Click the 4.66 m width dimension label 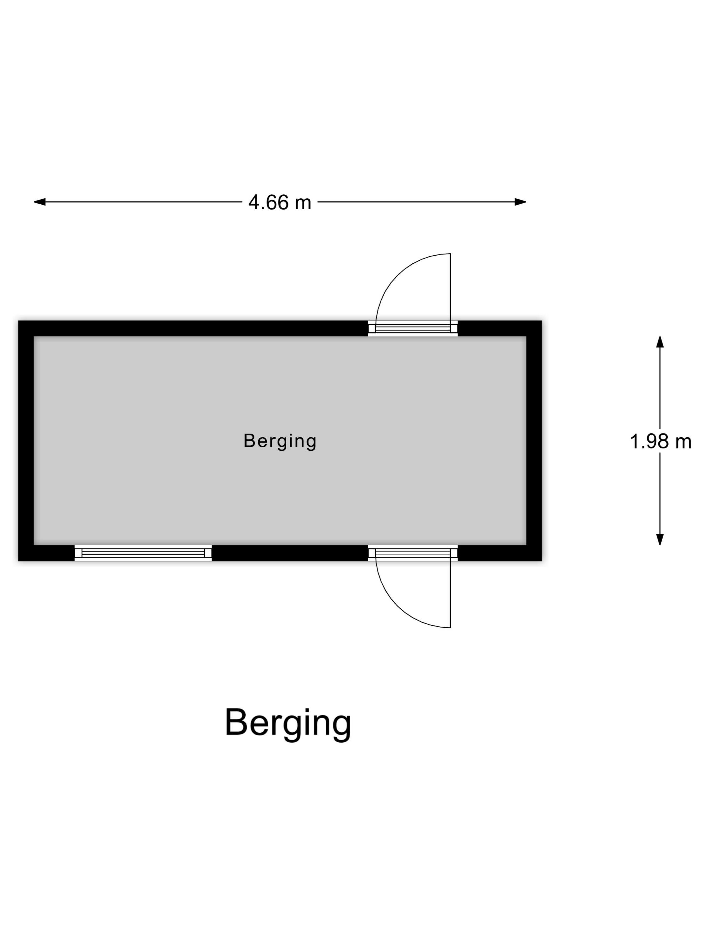[x=279, y=202]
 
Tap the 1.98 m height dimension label [x=660, y=442]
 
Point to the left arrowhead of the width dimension [x=40, y=202]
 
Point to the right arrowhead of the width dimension [x=520, y=202]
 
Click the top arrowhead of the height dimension [x=660, y=342]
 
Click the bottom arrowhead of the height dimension [x=660, y=539]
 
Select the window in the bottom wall [x=143, y=553]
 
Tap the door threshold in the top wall [x=413, y=328]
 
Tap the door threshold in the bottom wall [x=413, y=553]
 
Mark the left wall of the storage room [x=26, y=440]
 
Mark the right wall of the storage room [x=534, y=440]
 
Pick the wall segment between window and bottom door [x=290, y=553]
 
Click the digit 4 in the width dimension [x=254, y=202]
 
